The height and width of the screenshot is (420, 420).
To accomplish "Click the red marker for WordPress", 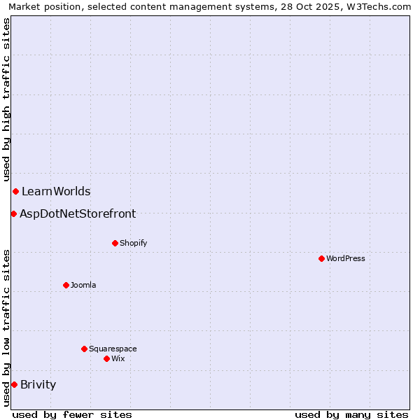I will (x=321, y=258).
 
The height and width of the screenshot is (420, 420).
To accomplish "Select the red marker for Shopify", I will (x=115, y=243).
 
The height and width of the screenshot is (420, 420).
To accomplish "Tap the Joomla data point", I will (x=66, y=285).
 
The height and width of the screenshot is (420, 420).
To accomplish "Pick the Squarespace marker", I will (x=84, y=349).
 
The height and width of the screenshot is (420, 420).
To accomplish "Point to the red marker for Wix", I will (x=106, y=358).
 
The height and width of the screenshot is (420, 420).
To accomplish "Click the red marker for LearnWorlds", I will (x=15, y=191).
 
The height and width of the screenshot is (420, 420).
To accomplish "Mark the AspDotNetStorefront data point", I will (x=13, y=213).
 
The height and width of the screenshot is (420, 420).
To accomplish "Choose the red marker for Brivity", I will (x=14, y=384).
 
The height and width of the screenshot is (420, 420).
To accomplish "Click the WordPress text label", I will (x=346, y=258).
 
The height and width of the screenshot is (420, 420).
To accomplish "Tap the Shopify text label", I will (x=133, y=243).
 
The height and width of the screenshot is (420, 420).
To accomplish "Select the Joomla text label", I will (x=83, y=285).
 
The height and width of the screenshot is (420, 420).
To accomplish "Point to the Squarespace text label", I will (x=113, y=349).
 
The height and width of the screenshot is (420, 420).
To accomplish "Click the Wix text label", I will (x=118, y=358).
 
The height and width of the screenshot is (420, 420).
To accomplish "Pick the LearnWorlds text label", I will (x=56, y=191).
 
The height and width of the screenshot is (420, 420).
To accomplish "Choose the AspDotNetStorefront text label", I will (x=78, y=213).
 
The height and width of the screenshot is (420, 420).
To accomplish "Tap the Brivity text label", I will (x=38, y=384).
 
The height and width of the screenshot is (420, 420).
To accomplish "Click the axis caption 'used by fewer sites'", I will (x=72, y=414).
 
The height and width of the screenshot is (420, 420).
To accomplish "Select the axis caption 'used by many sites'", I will (x=351, y=414).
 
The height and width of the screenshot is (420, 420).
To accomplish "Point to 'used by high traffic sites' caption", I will (x=6, y=100).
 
